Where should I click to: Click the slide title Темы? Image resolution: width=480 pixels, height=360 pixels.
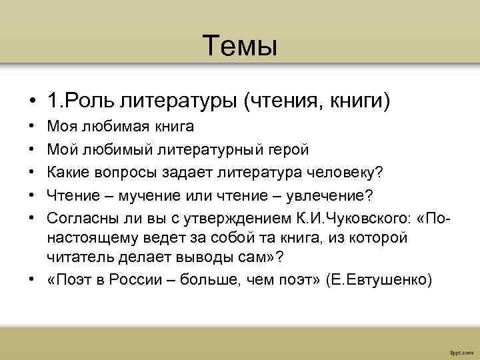tap(240, 46)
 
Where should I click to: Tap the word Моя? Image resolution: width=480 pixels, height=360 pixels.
tap(62, 126)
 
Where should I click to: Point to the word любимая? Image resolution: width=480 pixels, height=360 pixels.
tap(109, 126)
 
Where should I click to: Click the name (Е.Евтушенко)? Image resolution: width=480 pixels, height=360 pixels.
tap(379, 280)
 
